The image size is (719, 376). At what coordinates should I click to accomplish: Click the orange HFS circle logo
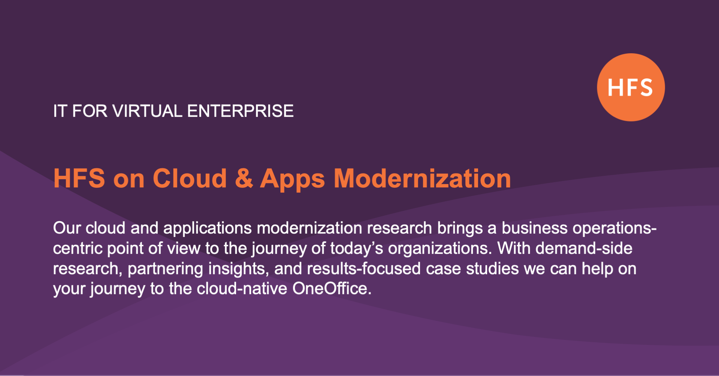(x=631, y=87)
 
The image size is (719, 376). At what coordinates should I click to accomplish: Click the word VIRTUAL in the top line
(x=147, y=111)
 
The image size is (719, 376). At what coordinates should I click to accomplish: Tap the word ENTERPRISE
(x=240, y=111)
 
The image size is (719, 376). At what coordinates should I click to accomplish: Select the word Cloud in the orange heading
(x=190, y=178)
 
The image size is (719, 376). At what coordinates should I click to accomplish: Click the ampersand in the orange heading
(x=244, y=178)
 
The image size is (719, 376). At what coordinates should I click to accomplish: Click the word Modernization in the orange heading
(x=422, y=178)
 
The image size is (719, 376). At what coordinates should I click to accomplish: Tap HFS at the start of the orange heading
(x=79, y=178)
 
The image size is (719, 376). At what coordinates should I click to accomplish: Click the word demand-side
(x=584, y=249)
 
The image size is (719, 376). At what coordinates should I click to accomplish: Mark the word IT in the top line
(x=60, y=111)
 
